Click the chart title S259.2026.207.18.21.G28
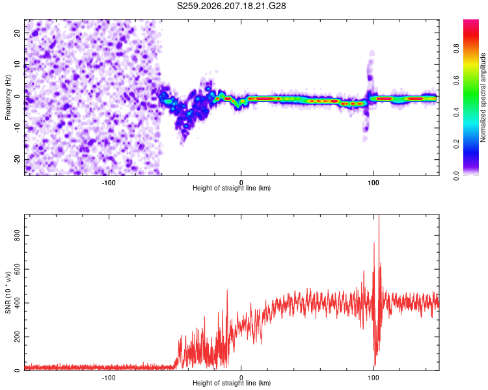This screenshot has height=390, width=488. tap(231, 6)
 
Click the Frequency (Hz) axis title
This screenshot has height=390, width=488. tap(8, 97)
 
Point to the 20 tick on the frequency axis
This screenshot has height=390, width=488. tap(17, 32)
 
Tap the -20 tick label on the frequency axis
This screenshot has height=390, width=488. tap(17, 160)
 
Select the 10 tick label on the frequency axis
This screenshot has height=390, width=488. tap(17, 64)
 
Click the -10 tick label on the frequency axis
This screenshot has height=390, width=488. tap(17, 128)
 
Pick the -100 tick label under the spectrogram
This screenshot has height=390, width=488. tap(109, 183)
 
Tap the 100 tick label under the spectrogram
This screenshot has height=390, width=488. tap(373, 183)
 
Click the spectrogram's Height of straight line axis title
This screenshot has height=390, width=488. tap(232, 188)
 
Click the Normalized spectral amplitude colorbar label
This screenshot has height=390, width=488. tap(483, 97)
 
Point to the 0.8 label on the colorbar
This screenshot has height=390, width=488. tap(456, 49)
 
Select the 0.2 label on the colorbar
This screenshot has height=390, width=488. tap(456, 144)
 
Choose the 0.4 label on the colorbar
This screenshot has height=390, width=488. tap(456, 112)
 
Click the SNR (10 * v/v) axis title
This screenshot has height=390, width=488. tap(8, 292)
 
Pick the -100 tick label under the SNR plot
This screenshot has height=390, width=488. tap(109, 378)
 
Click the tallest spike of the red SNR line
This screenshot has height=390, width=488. tap(379, 216)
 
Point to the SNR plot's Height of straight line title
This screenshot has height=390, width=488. tap(232, 383)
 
